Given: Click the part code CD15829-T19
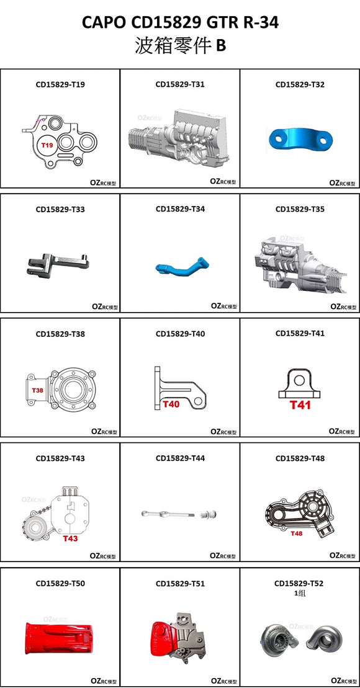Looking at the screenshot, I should (60, 84).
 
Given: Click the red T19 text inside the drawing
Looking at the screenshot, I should (48, 145).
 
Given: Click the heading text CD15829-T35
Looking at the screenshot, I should (300, 210).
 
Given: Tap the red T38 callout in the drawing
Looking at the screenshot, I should (37, 391).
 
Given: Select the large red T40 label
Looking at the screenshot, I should (171, 404).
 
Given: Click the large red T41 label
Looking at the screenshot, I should (300, 405).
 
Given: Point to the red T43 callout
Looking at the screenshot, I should (70, 538).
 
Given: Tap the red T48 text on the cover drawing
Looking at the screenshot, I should (297, 534).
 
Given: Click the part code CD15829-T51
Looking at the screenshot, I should (180, 584).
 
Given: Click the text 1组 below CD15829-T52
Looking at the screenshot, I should (300, 593).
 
